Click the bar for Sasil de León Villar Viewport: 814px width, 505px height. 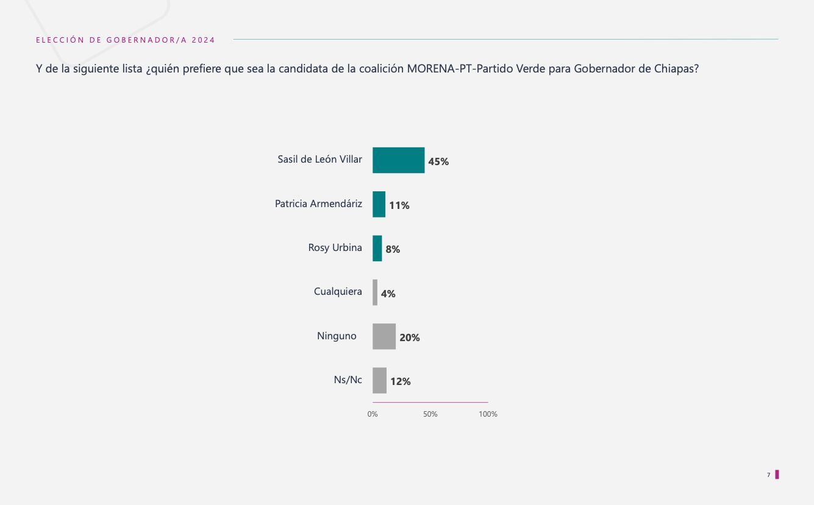(x=398, y=160)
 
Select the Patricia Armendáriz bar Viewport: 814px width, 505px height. (x=379, y=204)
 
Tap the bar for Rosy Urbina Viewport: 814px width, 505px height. (x=377, y=249)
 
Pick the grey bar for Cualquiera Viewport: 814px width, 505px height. (x=375, y=292)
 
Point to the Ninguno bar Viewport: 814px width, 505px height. (x=384, y=336)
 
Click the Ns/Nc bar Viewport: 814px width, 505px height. (x=379, y=381)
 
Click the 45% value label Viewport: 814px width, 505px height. (x=438, y=161)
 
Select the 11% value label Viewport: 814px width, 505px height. (x=399, y=205)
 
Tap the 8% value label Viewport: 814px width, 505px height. (x=393, y=249)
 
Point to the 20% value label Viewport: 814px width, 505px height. (x=410, y=337)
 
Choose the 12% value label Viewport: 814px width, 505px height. (x=401, y=381)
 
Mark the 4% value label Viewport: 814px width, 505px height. (x=388, y=294)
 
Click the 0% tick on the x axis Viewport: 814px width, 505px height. (x=373, y=414)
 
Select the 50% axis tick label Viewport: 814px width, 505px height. (x=430, y=414)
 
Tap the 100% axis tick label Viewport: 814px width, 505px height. (x=488, y=414)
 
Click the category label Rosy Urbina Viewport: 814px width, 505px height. (x=335, y=247)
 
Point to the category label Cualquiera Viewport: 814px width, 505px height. (x=338, y=291)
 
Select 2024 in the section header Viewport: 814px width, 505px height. (x=203, y=40)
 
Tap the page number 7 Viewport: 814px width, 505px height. (x=769, y=475)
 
